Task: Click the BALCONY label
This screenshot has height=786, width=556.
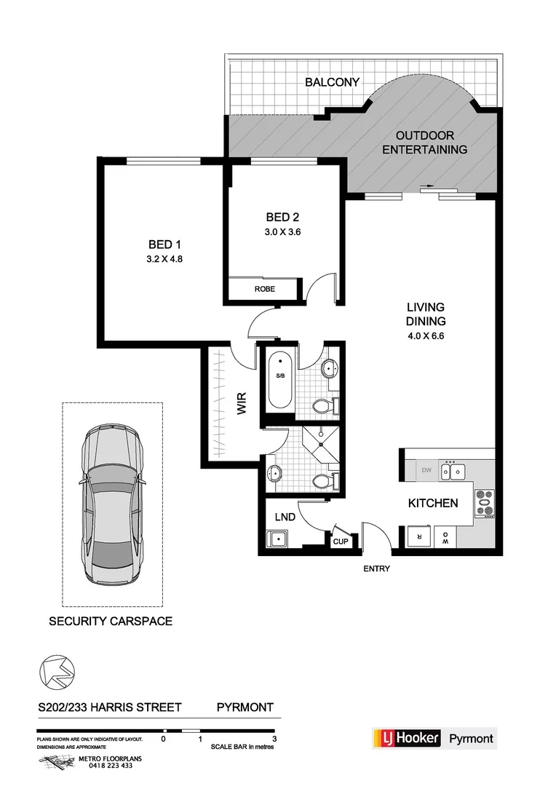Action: pyautogui.click(x=332, y=82)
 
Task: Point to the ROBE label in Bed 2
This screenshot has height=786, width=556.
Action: pyautogui.click(x=264, y=289)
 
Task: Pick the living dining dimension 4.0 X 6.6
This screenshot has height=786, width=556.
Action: pyautogui.click(x=426, y=336)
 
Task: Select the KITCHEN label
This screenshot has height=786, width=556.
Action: pyautogui.click(x=432, y=503)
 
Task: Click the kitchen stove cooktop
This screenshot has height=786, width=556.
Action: pyautogui.click(x=484, y=503)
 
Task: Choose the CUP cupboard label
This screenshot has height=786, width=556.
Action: pyautogui.click(x=341, y=541)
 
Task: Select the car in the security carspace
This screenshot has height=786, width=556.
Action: pyautogui.click(x=111, y=503)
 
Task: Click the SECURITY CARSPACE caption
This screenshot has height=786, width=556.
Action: pyautogui.click(x=111, y=622)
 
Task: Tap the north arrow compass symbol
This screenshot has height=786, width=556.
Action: pyautogui.click(x=55, y=670)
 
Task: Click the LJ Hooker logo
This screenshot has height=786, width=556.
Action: pyautogui.click(x=407, y=738)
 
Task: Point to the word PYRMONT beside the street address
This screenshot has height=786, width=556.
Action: pyautogui.click(x=245, y=707)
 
